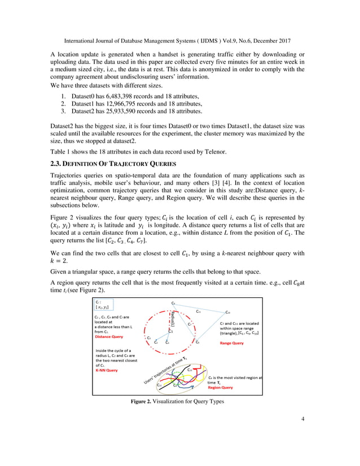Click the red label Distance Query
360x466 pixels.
[109, 336]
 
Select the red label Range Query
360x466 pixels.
[232, 342]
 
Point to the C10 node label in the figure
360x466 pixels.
[227, 312]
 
